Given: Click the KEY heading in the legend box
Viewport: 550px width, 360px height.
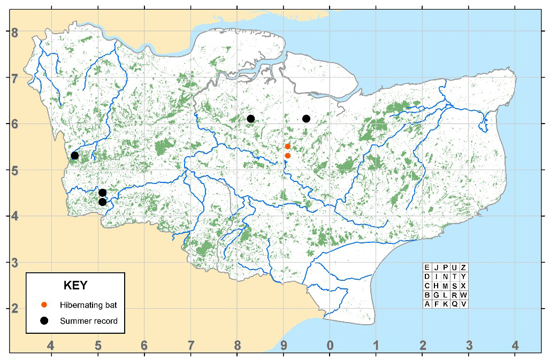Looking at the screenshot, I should [75, 285].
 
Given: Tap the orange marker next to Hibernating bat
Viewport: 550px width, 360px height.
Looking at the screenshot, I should [45, 305].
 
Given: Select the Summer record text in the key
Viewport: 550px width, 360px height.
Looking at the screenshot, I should [89, 321].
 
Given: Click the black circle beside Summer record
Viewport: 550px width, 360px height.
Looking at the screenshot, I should [45, 320].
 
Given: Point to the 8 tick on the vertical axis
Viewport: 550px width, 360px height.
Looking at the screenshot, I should [16, 32].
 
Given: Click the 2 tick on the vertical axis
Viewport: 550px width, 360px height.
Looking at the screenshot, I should [16, 309].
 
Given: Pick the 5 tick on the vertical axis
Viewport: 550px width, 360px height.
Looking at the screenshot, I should [16, 171].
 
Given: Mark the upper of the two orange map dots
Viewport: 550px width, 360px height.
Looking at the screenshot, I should [287, 146].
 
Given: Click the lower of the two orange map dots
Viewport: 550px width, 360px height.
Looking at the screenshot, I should [287, 156].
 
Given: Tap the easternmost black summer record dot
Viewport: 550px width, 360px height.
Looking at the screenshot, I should [306, 118].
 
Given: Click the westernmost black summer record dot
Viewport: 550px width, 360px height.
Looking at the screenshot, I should [75, 156].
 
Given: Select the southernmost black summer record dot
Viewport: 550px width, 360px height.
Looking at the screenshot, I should [102, 202].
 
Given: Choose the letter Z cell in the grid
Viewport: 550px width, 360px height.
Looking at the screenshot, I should [463, 267].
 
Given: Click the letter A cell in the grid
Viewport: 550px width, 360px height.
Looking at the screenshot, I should [427, 304].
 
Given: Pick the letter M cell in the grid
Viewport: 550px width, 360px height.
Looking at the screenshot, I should [445, 286].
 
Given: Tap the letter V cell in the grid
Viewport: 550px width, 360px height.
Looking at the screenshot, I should [463, 304].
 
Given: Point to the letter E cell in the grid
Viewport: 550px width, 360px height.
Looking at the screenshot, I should [427, 267].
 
